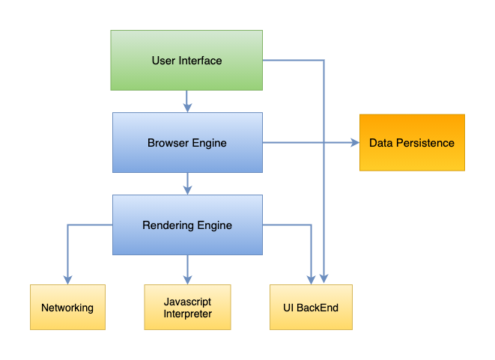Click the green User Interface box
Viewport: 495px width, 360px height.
[186, 61]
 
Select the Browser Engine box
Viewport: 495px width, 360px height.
[187, 142]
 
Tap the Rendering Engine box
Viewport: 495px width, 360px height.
[187, 225]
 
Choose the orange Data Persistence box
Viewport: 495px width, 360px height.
[412, 142]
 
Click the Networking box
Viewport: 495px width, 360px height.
[67, 308]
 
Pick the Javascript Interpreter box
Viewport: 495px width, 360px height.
[187, 308]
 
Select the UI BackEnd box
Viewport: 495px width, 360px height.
[311, 308]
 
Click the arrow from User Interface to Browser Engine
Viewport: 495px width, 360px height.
[187, 102]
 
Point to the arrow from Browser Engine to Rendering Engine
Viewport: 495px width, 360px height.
[187, 183]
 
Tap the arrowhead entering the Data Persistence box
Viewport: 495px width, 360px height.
[354, 142]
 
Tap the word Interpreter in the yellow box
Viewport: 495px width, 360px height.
[187, 314]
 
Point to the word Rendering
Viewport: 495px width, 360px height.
[165, 225]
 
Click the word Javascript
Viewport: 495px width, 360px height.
[187, 302]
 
